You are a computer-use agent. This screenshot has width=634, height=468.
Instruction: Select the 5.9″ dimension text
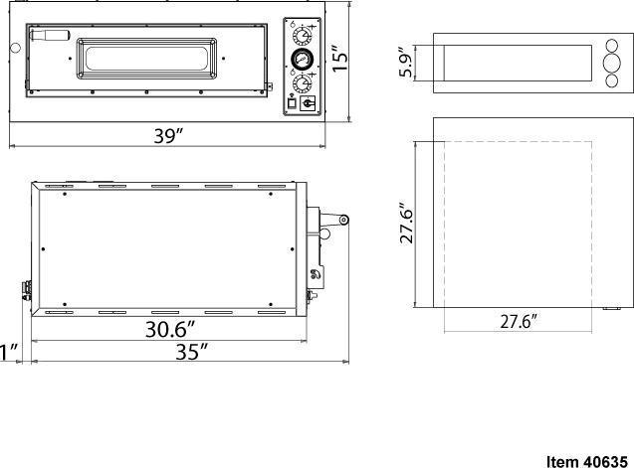407,64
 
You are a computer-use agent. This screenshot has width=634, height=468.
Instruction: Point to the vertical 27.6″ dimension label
408,225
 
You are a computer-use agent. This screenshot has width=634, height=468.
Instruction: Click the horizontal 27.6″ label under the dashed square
518,322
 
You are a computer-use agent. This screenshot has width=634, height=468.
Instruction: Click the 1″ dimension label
9,351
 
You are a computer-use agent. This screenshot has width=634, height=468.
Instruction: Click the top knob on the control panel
299,34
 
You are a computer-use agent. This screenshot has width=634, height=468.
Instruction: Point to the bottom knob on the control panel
299,79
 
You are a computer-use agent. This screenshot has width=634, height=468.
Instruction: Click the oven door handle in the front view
49,35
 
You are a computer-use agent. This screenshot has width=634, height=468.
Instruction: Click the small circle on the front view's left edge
14,46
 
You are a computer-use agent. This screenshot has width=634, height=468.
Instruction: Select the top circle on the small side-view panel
610,46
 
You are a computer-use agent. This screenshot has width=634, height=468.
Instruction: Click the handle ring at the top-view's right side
342,219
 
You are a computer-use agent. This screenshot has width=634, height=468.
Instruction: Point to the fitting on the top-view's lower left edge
26,289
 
